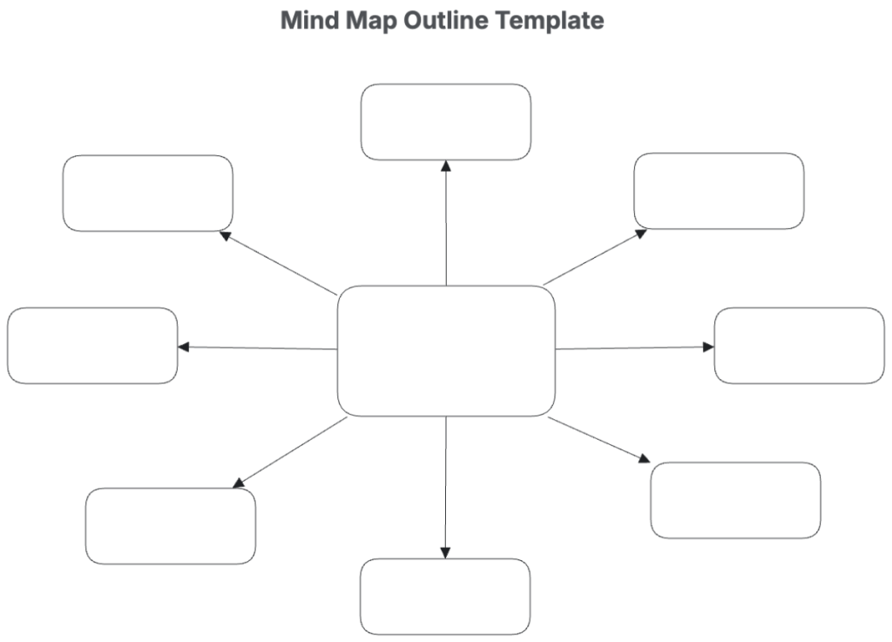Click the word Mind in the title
coord(311,21)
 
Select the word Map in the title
coord(372,22)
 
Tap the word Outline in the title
coord(447,21)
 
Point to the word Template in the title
coord(550,22)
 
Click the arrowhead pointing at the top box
coord(446,166)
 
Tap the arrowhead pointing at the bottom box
coord(445,553)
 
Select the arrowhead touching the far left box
coord(184,347)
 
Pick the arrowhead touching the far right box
coord(708,347)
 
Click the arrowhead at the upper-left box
coord(226,235)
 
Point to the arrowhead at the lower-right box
coord(644,458)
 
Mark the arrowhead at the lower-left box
coord(239,483)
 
